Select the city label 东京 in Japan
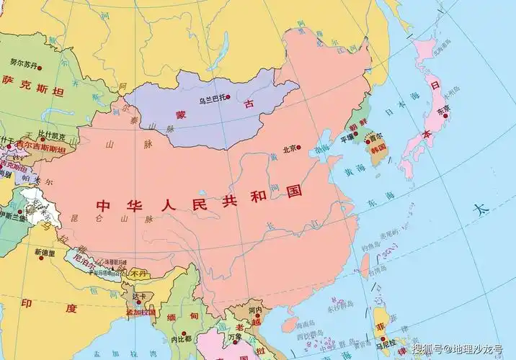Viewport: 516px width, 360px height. coord(443,109)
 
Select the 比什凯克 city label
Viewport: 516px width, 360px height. coord(52,135)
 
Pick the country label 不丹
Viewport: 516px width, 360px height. coord(138,274)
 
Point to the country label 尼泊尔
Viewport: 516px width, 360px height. coord(85,257)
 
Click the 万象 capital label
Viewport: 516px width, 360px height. coord(235,336)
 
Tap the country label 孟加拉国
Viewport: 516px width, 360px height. coord(141,313)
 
